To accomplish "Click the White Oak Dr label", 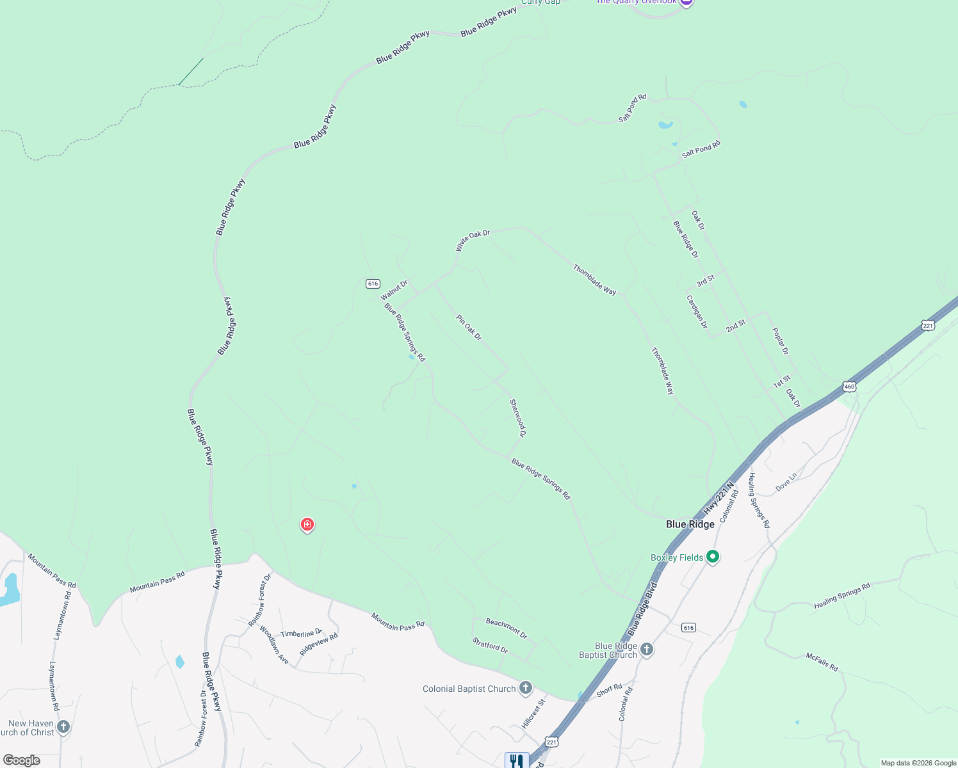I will click(x=473, y=241).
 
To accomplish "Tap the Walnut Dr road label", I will click(x=394, y=290).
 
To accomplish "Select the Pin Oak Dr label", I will click(x=469, y=327).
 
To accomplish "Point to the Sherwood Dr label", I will click(x=517, y=418).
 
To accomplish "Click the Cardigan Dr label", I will click(x=697, y=312).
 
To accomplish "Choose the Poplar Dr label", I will click(x=780, y=341).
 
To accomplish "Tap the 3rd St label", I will click(x=705, y=281).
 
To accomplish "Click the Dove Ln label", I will click(x=786, y=482).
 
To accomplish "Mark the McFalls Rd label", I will click(x=822, y=662).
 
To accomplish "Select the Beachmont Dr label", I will click(x=507, y=628).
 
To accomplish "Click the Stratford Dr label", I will click(x=490, y=645).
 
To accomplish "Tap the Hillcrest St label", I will click(x=533, y=713).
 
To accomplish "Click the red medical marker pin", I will click(x=307, y=525).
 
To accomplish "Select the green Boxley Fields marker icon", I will click(x=713, y=557).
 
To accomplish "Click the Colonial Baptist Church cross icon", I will click(x=526, y=688).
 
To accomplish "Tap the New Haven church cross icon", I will click(x=63, y=726).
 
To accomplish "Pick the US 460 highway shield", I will click(x=849, y=387).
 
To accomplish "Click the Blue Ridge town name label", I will click(x=690, y=524).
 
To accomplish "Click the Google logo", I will click(x=21, y=760).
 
